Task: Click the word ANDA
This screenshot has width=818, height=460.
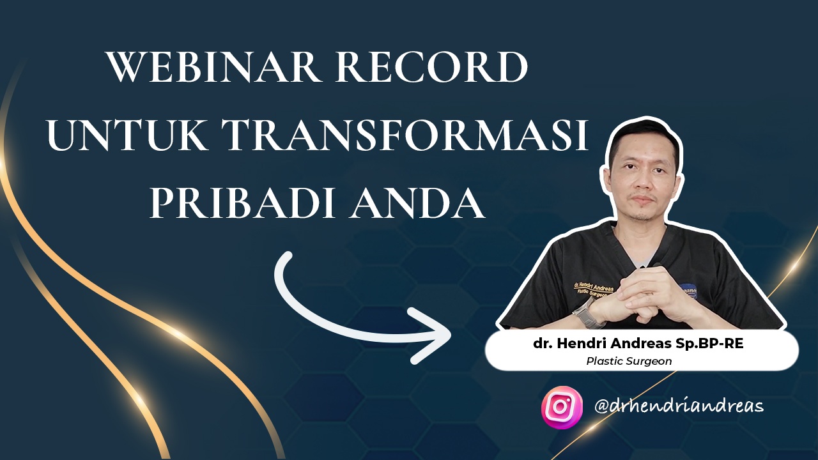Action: coord(416,203)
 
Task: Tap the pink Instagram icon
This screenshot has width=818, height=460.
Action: coord(562,407)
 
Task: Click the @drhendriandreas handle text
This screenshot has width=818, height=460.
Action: coord(679,406)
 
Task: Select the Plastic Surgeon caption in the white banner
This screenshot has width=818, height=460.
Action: coord(629,361)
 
